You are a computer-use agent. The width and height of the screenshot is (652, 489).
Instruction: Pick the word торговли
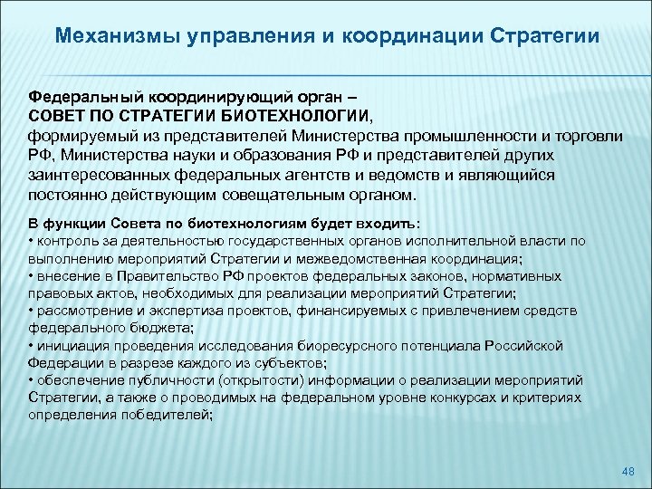coord(590,136)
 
